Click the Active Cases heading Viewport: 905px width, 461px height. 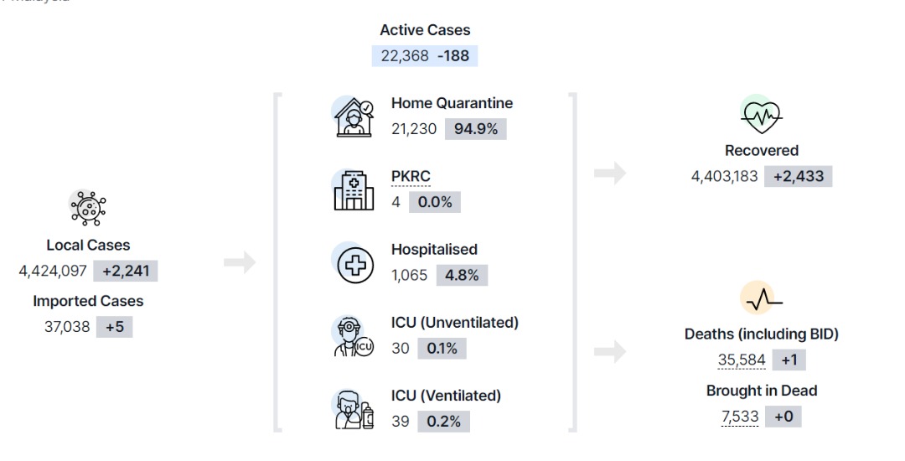(x=425, y=30)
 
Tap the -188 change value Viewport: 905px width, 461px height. (x=453, y=56)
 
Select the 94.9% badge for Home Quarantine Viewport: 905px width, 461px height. (x=476, y=129)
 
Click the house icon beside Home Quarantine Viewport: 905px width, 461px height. (x=354, y=117)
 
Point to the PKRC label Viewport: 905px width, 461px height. (x=411, y=176)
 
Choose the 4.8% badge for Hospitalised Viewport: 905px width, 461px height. (x=462, y=275)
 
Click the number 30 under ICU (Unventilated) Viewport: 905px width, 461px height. (x=400, y=349)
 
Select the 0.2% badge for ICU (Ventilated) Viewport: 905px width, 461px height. (x=444, y=422)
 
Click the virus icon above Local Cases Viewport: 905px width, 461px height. (x=88, y=208)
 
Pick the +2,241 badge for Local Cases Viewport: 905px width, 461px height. (x=125, y=271)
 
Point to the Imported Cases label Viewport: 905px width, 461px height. (x=88, y=301)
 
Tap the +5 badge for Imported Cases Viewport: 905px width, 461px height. (x=114, y=327)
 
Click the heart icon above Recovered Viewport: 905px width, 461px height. (x=761, y=115)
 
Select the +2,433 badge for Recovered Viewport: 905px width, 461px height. (x=799, y=176)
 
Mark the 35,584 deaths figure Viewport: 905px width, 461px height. (x=741, y=360)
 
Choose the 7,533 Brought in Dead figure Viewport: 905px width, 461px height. (x=740, y=417)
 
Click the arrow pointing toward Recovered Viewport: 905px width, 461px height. (x=610, y=173)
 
